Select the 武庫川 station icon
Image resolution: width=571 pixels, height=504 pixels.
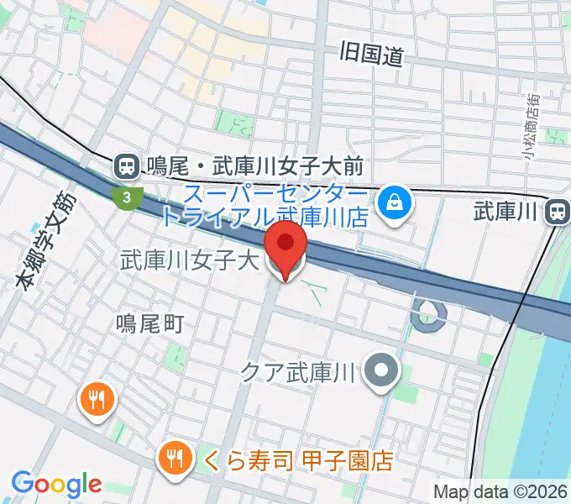(x=557, y=213)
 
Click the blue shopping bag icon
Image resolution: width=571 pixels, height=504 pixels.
(x=392, y=202)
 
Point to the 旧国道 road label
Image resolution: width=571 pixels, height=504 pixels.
(x=372, y=55)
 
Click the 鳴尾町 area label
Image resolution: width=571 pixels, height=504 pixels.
(x=149, y=323)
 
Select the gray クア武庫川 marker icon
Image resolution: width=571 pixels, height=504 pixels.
(x=382, y=370)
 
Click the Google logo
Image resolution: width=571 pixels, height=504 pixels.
(x=56, y=484)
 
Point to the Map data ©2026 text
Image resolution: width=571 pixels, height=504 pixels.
(x=500, y=491)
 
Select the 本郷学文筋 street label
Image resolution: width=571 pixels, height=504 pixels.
(x=46, y=243)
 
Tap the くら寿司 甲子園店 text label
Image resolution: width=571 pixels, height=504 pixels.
(x=297, y=460)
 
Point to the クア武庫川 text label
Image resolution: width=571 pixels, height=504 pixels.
(x=299, y=370)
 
